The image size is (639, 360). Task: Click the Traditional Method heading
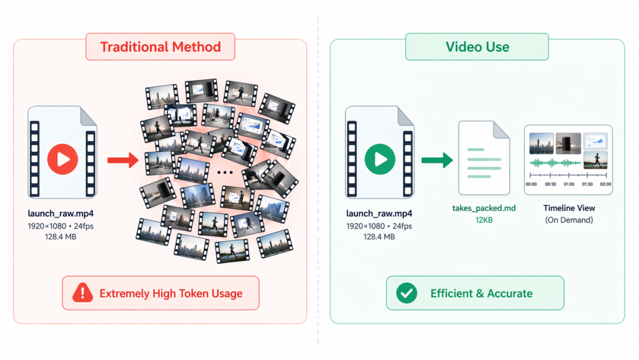(x=160, y=47)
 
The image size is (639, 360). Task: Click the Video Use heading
(x=477, y=47)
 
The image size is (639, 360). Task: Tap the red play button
(x=63, y=159)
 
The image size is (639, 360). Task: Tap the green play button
(x=380, y=159)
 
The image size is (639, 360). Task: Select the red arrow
(x=123, y=160)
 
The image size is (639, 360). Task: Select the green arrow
(x=437, y=160)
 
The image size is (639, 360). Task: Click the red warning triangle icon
(x=83, y=292)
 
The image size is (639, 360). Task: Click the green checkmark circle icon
(x=406, y=292)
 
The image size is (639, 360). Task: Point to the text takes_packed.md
(x=484, y=208)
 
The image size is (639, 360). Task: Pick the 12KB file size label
(x=484, y=220)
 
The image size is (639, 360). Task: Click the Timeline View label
(x=569, y=208)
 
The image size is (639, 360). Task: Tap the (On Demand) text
(x=569, y=220)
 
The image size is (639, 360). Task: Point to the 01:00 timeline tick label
(x=569, y=184)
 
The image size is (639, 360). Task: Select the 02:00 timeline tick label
(x=606, y=184)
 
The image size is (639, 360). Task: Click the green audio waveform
(x=555, y=163)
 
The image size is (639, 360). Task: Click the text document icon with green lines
(x=484, y=157)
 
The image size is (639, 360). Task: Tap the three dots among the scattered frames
(x=225, y=172)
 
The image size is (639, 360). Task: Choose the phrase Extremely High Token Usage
(x=171, y=294)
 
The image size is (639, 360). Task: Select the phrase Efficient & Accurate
(x=481, y=294)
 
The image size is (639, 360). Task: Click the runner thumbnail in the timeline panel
(x=595, y=160)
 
